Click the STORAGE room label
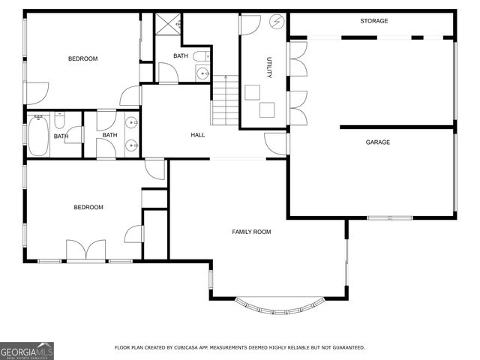[x=373, y=21]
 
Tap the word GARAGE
[x=377, y=142]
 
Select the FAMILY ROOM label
[x=251, y=232]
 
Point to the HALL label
[x=198, y=135]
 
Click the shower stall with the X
[x=168, y=23]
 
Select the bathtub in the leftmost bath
[x=38, y=136]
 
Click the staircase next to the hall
[x=223, y=100]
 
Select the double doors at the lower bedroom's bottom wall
[x=85, y=250]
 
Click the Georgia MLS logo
[x=27, y=350]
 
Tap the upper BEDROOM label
[x=82, y=58]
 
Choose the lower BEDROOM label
[x=88, y=207]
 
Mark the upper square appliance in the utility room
[x=253, y=91]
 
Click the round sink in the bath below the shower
[x=202, y=73]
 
